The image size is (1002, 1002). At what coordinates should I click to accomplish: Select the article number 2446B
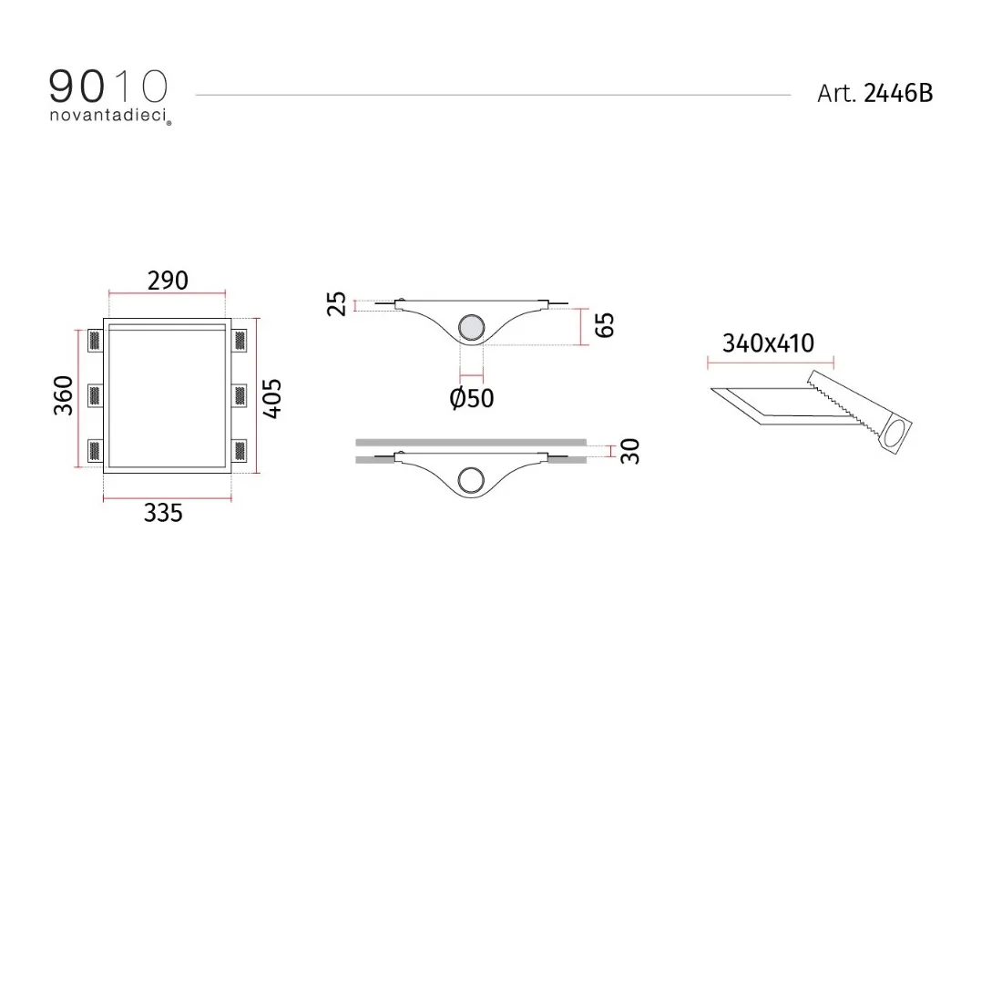pos(897,93)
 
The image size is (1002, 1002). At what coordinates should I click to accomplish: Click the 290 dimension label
pos(168,280)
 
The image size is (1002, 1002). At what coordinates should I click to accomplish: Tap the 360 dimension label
pos(63,395)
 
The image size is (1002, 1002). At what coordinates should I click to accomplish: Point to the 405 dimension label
pos(271,397)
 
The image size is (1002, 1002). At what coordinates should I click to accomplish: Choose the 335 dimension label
pos(163,513)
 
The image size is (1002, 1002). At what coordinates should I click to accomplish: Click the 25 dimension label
pos(336,303)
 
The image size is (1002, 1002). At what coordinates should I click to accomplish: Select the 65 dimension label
pos(604,325)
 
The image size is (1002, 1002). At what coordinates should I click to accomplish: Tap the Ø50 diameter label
pos(472,398)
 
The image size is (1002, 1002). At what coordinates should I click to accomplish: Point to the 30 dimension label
pos(629,451)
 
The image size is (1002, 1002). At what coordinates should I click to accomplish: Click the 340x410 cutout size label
pos(768,343)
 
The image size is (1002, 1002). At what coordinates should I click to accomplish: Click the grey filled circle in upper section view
pos(472,327)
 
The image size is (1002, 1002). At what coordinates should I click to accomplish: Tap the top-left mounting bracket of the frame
pos(94,340)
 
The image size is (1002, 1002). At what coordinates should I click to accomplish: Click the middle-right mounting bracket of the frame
pos(241,395)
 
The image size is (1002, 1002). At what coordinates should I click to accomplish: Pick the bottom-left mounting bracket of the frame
pos(94,451)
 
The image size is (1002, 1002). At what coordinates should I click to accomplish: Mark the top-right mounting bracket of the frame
pos(241,340)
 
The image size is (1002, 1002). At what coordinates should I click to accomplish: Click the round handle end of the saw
pos(895,435)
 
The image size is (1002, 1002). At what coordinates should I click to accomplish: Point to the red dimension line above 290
pos(168,292)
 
